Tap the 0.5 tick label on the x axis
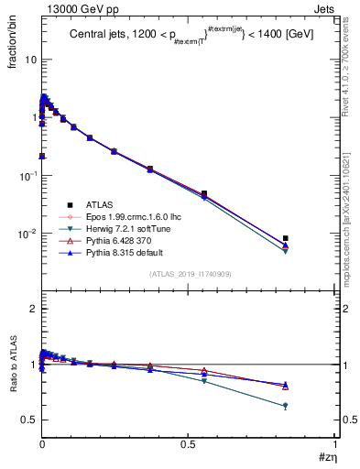pos(189,446)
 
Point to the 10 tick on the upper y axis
pos(29,59)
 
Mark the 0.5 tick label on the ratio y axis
pos(28,420)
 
